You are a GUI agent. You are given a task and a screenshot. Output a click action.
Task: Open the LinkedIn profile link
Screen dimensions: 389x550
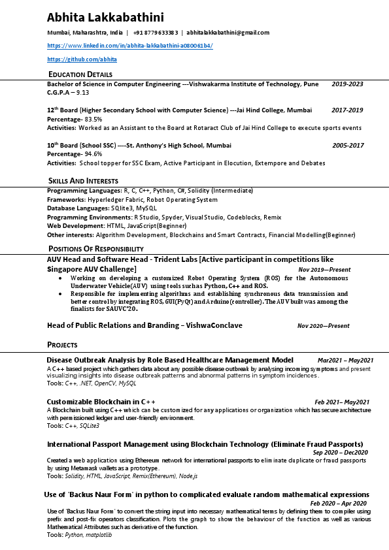[x=130, y=46]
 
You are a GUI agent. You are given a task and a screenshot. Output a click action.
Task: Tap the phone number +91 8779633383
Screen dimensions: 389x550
[x=156, y=33]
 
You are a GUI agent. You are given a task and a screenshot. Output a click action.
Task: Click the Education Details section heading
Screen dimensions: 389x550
[x=80, y=74]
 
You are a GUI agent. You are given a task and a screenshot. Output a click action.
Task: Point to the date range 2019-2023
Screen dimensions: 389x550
[x=347, y=84]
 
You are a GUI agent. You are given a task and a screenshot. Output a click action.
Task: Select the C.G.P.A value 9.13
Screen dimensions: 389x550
[x=80, y=93]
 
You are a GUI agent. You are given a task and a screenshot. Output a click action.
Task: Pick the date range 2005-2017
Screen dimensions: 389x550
[x=348, y=146]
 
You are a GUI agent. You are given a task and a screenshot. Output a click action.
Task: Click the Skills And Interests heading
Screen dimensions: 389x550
[x=83, y=180]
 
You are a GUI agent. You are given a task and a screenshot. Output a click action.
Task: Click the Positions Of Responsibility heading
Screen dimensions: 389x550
[x=95, y=249]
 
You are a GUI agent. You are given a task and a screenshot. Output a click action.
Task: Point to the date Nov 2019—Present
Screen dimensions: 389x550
[x=324, y=269]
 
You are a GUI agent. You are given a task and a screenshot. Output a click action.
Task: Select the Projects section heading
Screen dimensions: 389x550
[x=62, y=344]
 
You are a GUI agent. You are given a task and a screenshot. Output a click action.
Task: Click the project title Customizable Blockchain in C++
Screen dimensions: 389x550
[x=101, y=401]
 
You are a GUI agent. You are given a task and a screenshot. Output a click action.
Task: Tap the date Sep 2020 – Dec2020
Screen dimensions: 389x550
[x=340, y=453]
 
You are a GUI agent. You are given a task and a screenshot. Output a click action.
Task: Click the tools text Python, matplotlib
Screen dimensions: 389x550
[x=89, y=535]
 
